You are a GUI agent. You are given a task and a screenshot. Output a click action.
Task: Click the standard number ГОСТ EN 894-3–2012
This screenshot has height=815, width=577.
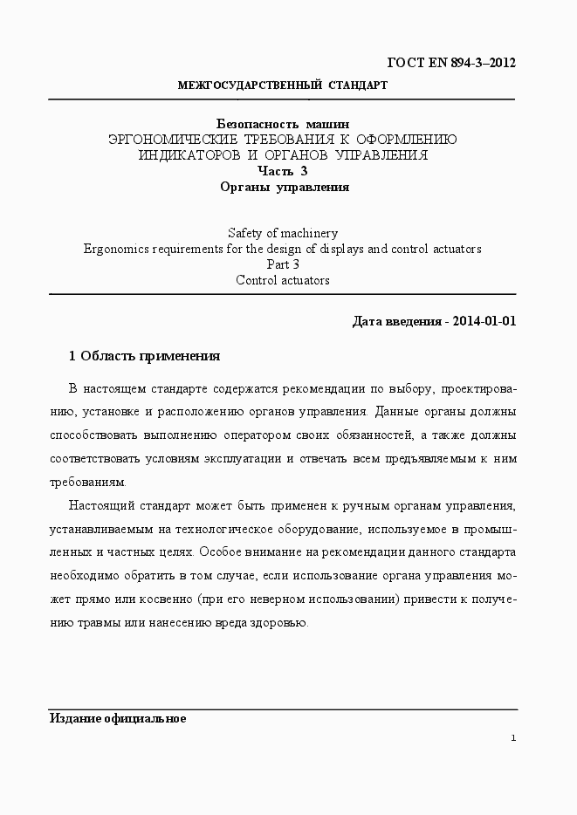[450, 63]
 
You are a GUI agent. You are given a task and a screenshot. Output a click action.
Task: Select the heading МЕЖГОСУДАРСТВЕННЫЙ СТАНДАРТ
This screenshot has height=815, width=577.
[282, 86]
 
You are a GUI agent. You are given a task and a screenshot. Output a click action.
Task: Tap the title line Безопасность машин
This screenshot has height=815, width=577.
[282, 124]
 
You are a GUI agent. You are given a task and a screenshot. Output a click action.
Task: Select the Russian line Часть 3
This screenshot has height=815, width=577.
[282, 171]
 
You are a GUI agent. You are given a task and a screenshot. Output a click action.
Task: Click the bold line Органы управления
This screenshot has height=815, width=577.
[282, 187]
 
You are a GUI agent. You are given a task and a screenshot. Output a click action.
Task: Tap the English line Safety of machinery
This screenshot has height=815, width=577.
[282, 233]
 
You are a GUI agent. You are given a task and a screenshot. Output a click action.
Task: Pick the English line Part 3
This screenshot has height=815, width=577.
[282, 264]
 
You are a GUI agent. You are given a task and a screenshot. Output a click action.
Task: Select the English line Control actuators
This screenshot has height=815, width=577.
[282, 280]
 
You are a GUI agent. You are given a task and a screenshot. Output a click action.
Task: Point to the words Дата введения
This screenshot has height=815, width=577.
[395, 321]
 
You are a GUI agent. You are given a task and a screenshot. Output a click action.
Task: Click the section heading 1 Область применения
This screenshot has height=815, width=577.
[144, 356]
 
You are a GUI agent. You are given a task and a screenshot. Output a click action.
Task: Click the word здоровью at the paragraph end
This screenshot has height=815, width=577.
[280, 623]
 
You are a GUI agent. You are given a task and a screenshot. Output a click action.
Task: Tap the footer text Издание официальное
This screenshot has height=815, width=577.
[117, 719]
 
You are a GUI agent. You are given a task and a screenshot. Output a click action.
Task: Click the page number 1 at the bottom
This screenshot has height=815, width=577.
[514, 738]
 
